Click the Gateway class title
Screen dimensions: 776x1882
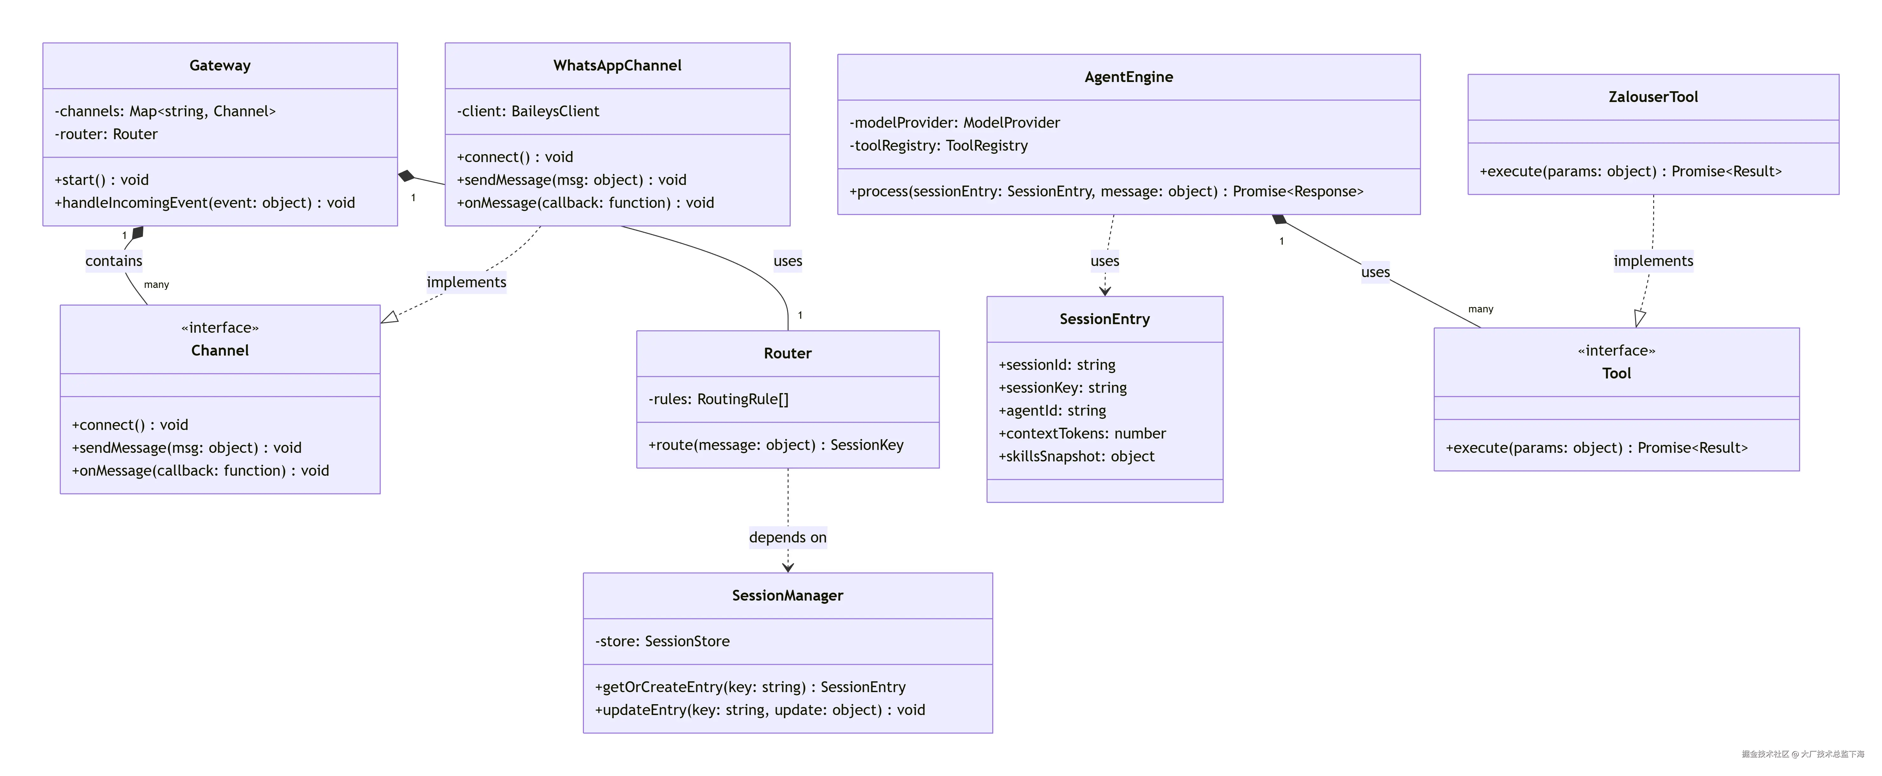[x=220, y=66]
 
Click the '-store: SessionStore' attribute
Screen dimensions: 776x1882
[x=662, y=642]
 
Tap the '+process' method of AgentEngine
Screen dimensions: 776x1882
[x=1105, y=191]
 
